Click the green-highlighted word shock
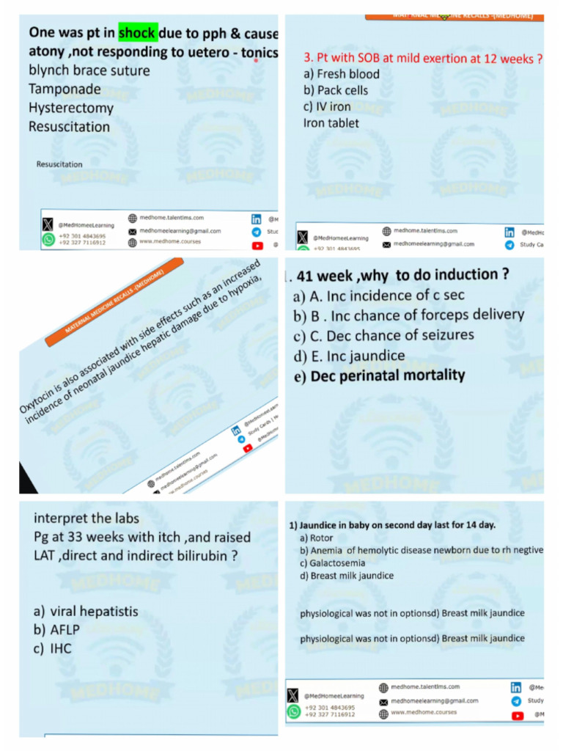click(138, 33)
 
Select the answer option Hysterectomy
click(71, 108)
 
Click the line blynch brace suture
click(89, 70)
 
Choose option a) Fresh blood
click(342, 74)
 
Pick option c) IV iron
click(327, 106)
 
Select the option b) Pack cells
click(336, 90)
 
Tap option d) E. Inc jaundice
click(349, 356)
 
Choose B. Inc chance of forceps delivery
click(408, 315)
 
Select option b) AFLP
click(56, 629)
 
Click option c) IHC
click(53, 648)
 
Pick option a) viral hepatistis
click(86, 611)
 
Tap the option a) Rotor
click(316, 538)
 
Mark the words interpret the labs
click(86, 519)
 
